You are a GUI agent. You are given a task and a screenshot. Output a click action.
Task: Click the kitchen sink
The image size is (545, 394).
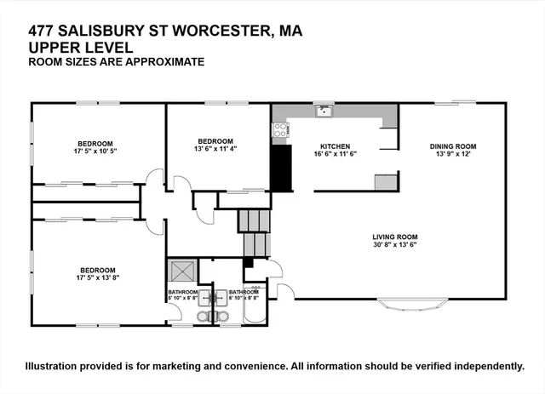323,111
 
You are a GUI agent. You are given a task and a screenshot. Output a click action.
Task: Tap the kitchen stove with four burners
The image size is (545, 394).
278,130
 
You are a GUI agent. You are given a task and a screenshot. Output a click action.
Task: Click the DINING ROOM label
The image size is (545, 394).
452,146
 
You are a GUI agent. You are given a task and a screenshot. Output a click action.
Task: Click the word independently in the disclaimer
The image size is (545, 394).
484,366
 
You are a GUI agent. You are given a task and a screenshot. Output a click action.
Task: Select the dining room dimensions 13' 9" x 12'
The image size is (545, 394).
452,153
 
